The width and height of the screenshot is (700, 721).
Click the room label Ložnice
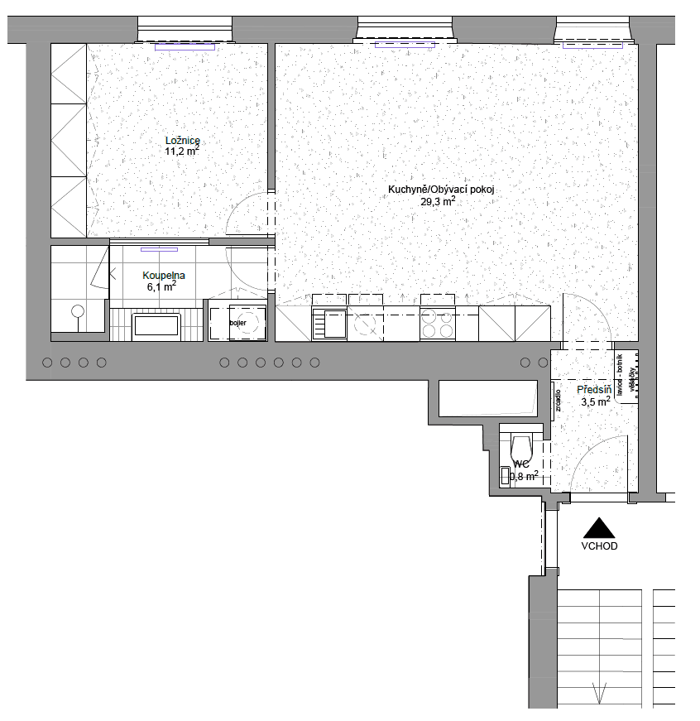pyautogui.click(x=183, y=140)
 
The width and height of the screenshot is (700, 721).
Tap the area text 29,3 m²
pyautogui.click(x=439, y=201)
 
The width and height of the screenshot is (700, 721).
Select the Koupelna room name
pyautogui.click(x=163, y=275)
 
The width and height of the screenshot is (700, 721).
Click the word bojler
pyautogui.click(x=238, y=322)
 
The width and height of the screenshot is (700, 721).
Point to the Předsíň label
pyautogui.click(x=594, y=389)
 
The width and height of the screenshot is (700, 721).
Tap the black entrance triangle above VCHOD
pyautogui.click(x=599, y=529)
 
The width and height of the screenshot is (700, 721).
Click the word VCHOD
pyautogui.click(x=599, y=546)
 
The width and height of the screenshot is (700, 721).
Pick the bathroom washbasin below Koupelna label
pyautogui.click(x=156, y=324)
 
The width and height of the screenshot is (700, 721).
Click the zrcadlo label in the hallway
pyautogui.click(x=559, y=400)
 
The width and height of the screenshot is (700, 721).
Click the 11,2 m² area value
pyautogui.click(x=183, y=151)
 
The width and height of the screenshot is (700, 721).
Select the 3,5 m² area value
pyautogui.click(x=596, y=401)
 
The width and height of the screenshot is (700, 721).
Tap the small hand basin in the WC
pyautogui.click(x=506, y=475)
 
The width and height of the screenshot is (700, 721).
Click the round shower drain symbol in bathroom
pyautogui.click(x=78, y=311)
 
